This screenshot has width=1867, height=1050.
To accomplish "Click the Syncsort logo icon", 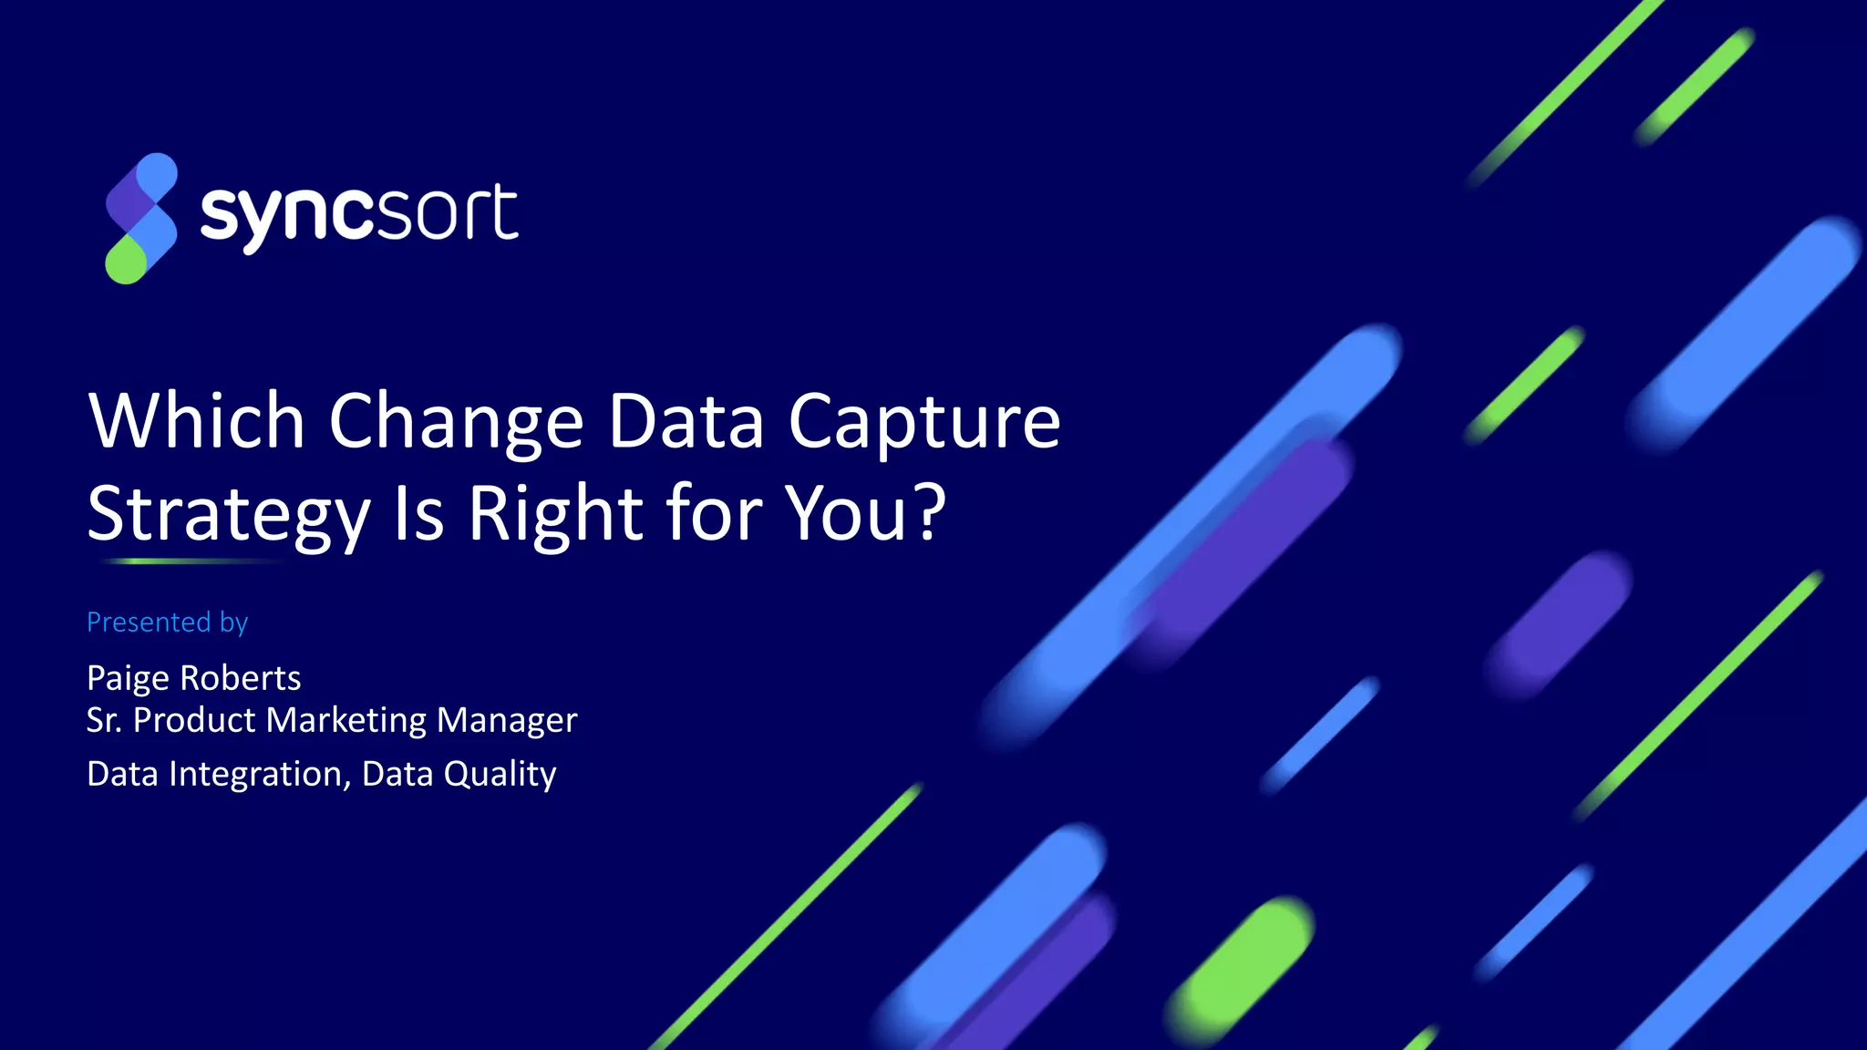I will coord(141,219).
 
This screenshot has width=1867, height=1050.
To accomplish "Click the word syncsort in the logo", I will coord(359,215).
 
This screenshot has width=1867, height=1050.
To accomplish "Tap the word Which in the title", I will coord(196,421).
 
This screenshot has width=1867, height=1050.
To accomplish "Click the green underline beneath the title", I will coord(191,561).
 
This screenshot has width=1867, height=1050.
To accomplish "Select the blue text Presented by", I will coord(167,623).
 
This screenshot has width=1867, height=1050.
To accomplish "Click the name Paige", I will coord(128,679).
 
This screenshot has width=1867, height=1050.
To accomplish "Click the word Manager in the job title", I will coord(507,721).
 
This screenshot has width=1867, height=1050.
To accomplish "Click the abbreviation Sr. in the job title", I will coord(103,721).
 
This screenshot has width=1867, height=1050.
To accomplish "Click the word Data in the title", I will coord(686,421).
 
